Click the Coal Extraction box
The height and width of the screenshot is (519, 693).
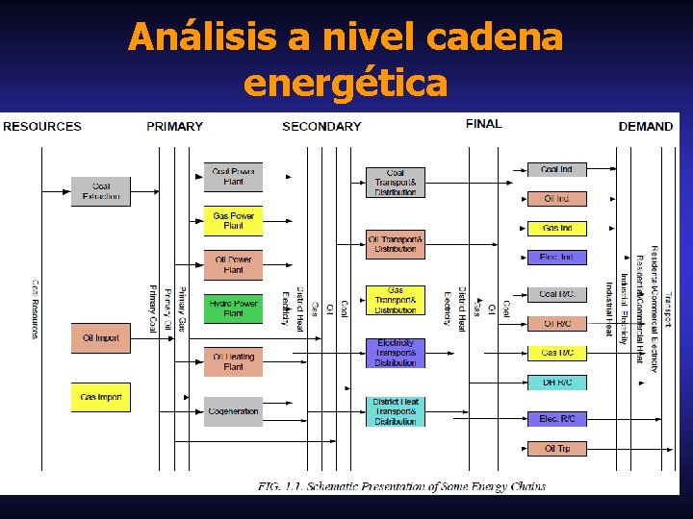pos(100,191)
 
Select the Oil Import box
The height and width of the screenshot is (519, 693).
pos(100,338)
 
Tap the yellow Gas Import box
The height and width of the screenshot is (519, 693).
pos(100,397)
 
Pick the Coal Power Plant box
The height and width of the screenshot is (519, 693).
pos(233,176)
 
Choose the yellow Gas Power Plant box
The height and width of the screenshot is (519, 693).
pos(233,221)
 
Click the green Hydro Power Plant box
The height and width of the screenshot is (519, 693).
pos(233,309)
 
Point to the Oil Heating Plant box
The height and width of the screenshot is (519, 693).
pos(233,361)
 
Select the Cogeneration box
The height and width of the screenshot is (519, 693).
pos(233,411)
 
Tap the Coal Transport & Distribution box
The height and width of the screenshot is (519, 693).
pos(395,183)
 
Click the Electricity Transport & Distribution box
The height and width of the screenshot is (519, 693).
pos(395,353)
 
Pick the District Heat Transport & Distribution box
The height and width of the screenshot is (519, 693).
pos(395,411)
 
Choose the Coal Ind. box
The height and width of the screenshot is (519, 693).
pos(556,170)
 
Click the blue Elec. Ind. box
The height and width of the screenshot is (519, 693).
pos(556,258)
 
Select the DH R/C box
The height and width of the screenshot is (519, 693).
pos(556,383)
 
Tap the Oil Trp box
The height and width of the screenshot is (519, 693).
pos(556,449)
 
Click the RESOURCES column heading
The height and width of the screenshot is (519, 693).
pos(42,126)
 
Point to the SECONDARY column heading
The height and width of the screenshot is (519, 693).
pos(321,126)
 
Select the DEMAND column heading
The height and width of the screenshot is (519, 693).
pos(645,126)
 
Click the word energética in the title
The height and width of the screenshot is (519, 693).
pos(346,84)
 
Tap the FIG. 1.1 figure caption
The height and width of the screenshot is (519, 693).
pos(401,485)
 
